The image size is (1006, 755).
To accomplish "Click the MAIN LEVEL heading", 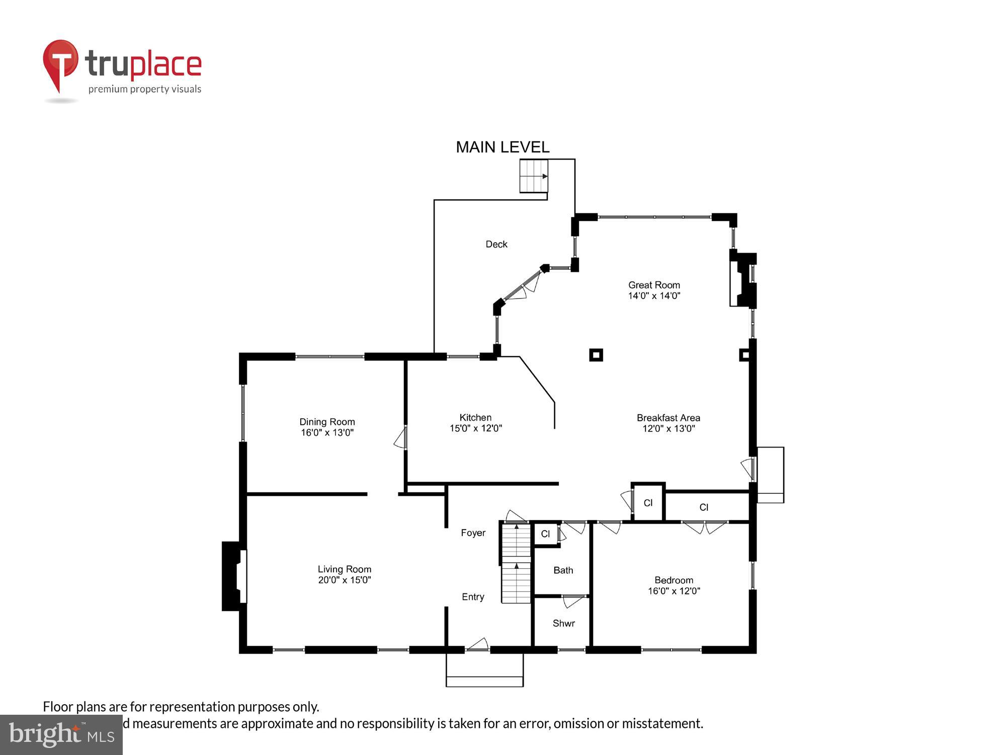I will [502, 147].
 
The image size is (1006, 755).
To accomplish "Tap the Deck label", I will [496, 244].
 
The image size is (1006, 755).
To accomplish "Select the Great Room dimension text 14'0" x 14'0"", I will [654, 296].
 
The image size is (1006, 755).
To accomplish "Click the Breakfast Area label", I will [668, 418].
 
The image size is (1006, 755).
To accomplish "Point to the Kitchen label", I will [475, 417].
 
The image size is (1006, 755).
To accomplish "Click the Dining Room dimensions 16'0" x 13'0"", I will [327, 433].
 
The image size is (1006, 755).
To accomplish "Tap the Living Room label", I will [344, 569].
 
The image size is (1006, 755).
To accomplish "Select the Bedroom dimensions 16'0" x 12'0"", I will [674, 591].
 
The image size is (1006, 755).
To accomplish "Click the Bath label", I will [563, 570].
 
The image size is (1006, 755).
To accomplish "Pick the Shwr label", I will [563, 623].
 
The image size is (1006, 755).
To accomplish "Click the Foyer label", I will [473, 533].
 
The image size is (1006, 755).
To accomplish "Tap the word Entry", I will [473, 597].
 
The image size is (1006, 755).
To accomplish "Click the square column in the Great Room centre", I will [596, 355].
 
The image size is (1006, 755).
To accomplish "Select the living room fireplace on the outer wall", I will [233, 576].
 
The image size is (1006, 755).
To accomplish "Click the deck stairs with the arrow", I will [533, 176].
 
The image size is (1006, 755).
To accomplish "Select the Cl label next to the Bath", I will [545, 534].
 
